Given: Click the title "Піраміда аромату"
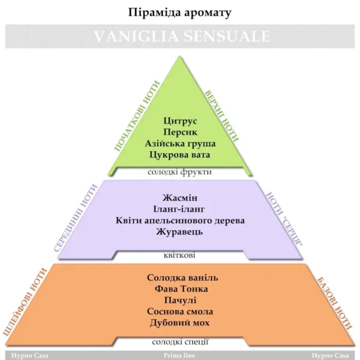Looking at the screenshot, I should click(x=180, y=12).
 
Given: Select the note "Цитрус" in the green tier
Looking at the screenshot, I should click(x=180, y=121).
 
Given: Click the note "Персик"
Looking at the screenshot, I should click(x=180, y=132).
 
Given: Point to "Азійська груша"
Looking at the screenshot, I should click(x=180, y=143).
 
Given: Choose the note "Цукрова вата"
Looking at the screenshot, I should click(x=180, y=155).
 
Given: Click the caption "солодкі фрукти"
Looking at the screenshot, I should click(x=180, y=172).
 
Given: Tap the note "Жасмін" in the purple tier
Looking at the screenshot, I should click(x=180, y=197).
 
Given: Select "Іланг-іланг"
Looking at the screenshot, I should click(x=180, y=209).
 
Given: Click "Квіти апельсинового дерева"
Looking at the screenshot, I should click(x=180, y=220).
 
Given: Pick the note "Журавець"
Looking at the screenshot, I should click(x=180, y=232).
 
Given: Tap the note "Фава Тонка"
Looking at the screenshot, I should click(x=180, y=289).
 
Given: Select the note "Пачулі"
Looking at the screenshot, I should click(x=180, y=301).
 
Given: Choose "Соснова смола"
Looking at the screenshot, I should click(x=180, y=312).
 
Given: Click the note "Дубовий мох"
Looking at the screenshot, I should click(x=180, y=323).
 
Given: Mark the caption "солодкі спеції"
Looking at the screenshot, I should click(x=180, y=343).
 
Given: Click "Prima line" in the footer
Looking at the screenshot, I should click(x=180, y=355).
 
